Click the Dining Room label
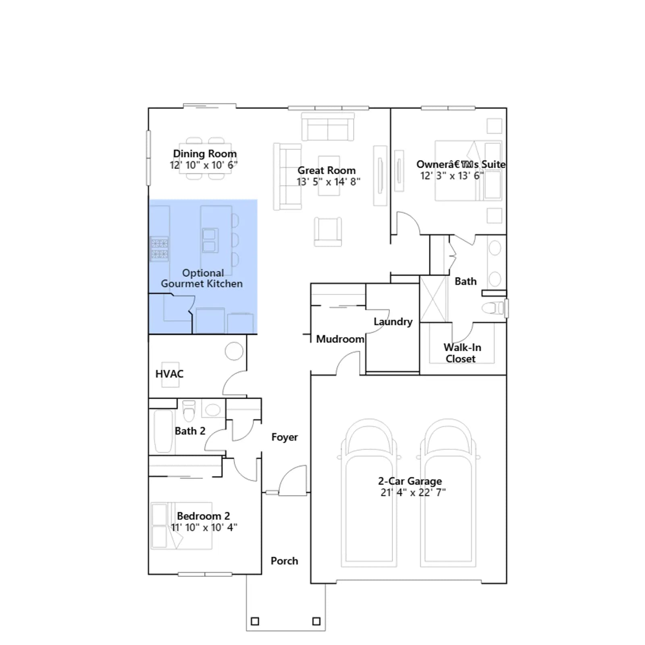click(205, 154)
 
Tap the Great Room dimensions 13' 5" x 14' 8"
click(329, 182)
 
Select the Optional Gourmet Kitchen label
click(202, 278)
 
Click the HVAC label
click(169, 374)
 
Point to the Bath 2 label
click(190, 431)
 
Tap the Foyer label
click(285, 437)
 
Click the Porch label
click(284, 561)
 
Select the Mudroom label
click(340, 339)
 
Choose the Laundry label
click(393, 322)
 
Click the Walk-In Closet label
click(462, 353)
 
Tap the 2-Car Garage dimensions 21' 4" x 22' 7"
click(413, 492)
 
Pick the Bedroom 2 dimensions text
click(204, 527)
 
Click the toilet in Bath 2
click(189, 410)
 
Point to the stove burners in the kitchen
click(159, 248)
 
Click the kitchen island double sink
click(209, 240)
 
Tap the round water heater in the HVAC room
click(234, 351)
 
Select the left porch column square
click(255, 621)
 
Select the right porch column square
click(316, 621)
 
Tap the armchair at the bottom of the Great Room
click(328, 231)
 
